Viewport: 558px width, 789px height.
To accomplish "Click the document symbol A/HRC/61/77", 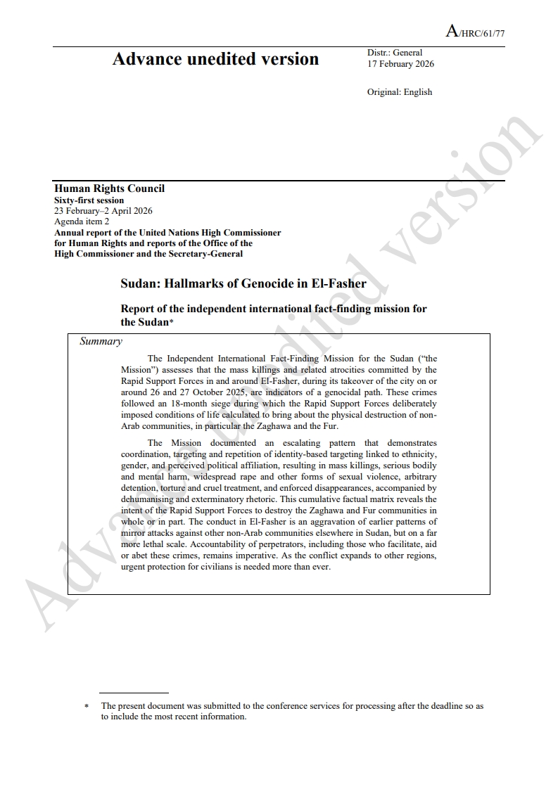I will [475, 32].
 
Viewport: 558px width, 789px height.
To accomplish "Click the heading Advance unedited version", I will [215, 59].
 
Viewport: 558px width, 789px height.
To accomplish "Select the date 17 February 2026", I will [400, 64].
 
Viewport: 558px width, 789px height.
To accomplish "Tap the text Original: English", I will [399, 92].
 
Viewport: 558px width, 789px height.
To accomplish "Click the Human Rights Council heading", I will [109, 188].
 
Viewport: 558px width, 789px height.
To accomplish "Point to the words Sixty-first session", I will [89, 200].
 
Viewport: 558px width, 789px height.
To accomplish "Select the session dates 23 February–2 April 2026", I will [103, 210].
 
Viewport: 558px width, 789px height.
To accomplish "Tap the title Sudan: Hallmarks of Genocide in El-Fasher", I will [243, 284].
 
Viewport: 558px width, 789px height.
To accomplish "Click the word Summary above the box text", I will [101, 342].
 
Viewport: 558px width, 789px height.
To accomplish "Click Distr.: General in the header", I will [394, 53].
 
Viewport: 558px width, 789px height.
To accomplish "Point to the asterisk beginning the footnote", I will [87, 706].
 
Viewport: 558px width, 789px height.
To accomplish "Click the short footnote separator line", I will [134, 693].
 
